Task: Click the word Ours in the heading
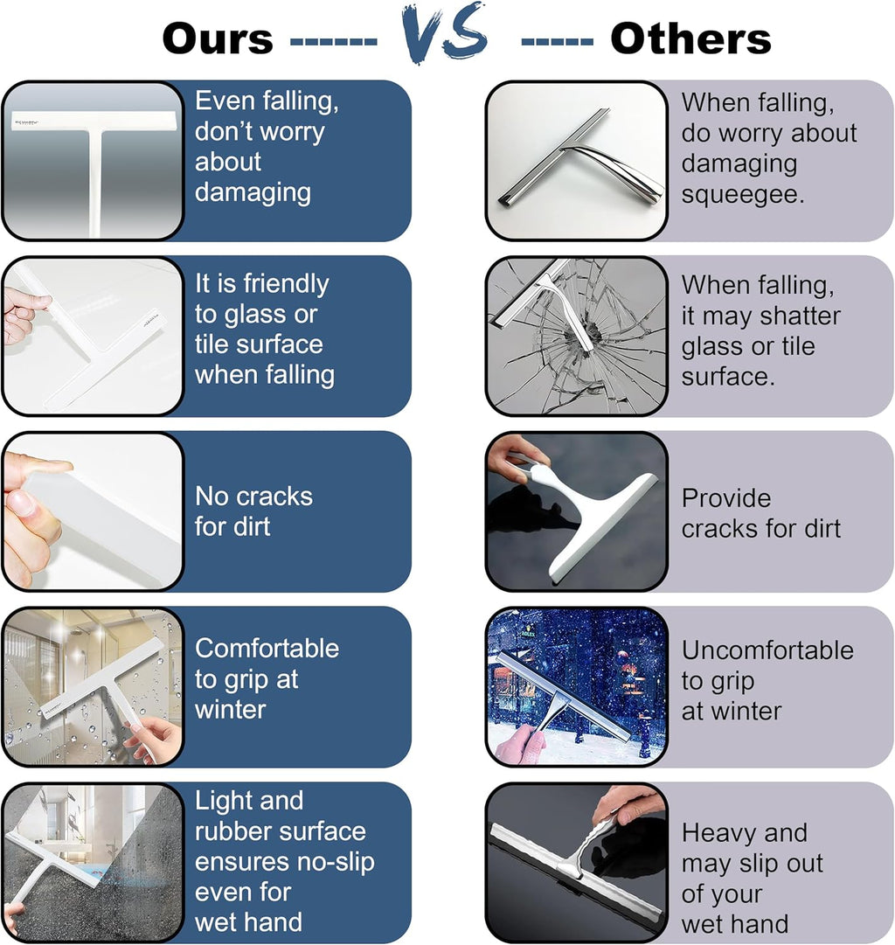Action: (x=218, y=38)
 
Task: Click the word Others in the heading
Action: (x=690, y=38)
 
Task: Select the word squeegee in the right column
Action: (x=743, y=194)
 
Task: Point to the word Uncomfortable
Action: (x=768, y=650)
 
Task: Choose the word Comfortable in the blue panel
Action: (x=267, y=649)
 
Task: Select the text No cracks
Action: (x=253, y=497)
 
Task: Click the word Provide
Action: (x=726, y=498)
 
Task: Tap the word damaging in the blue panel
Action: (x=253, y=193)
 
